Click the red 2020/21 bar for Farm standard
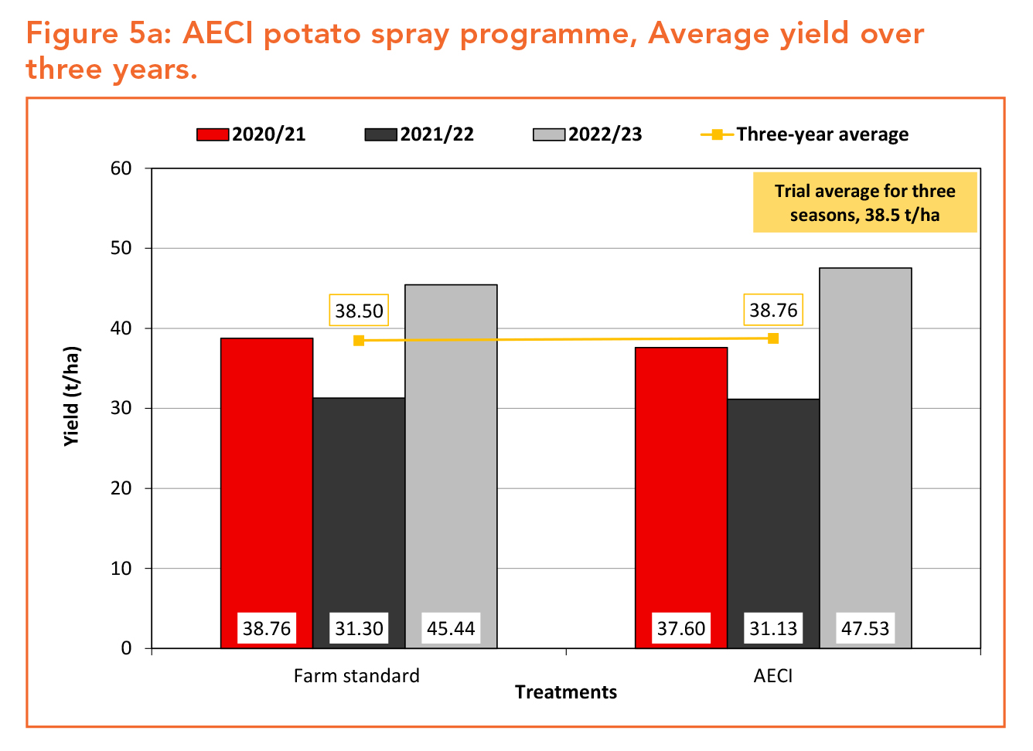(x=267, y=494)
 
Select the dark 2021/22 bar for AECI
(x=773, y=524)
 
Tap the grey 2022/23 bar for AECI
(x=865, y=458)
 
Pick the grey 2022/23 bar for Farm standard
(x=451, y=467)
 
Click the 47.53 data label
(x=865, y=628)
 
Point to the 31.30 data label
(x=359, y=628)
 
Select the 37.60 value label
(x=681, y=628)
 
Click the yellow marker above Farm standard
(x=359, y=341)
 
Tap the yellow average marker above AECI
(x=773, y=338)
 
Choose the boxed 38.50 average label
(x=359, y=311)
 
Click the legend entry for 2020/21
(x=251, y=134)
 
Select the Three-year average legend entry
(x=805, y=134)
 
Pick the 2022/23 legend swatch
(x=549, y=135)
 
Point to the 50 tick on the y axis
(x=121, y=248)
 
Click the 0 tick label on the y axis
(x=126, y=648)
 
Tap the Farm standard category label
(x=356, y=676)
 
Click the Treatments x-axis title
(x=566, y=692)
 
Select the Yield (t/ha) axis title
(x=71, y=396)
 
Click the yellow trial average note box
(x=865, y=202)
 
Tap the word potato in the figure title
(x=312, y=34)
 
